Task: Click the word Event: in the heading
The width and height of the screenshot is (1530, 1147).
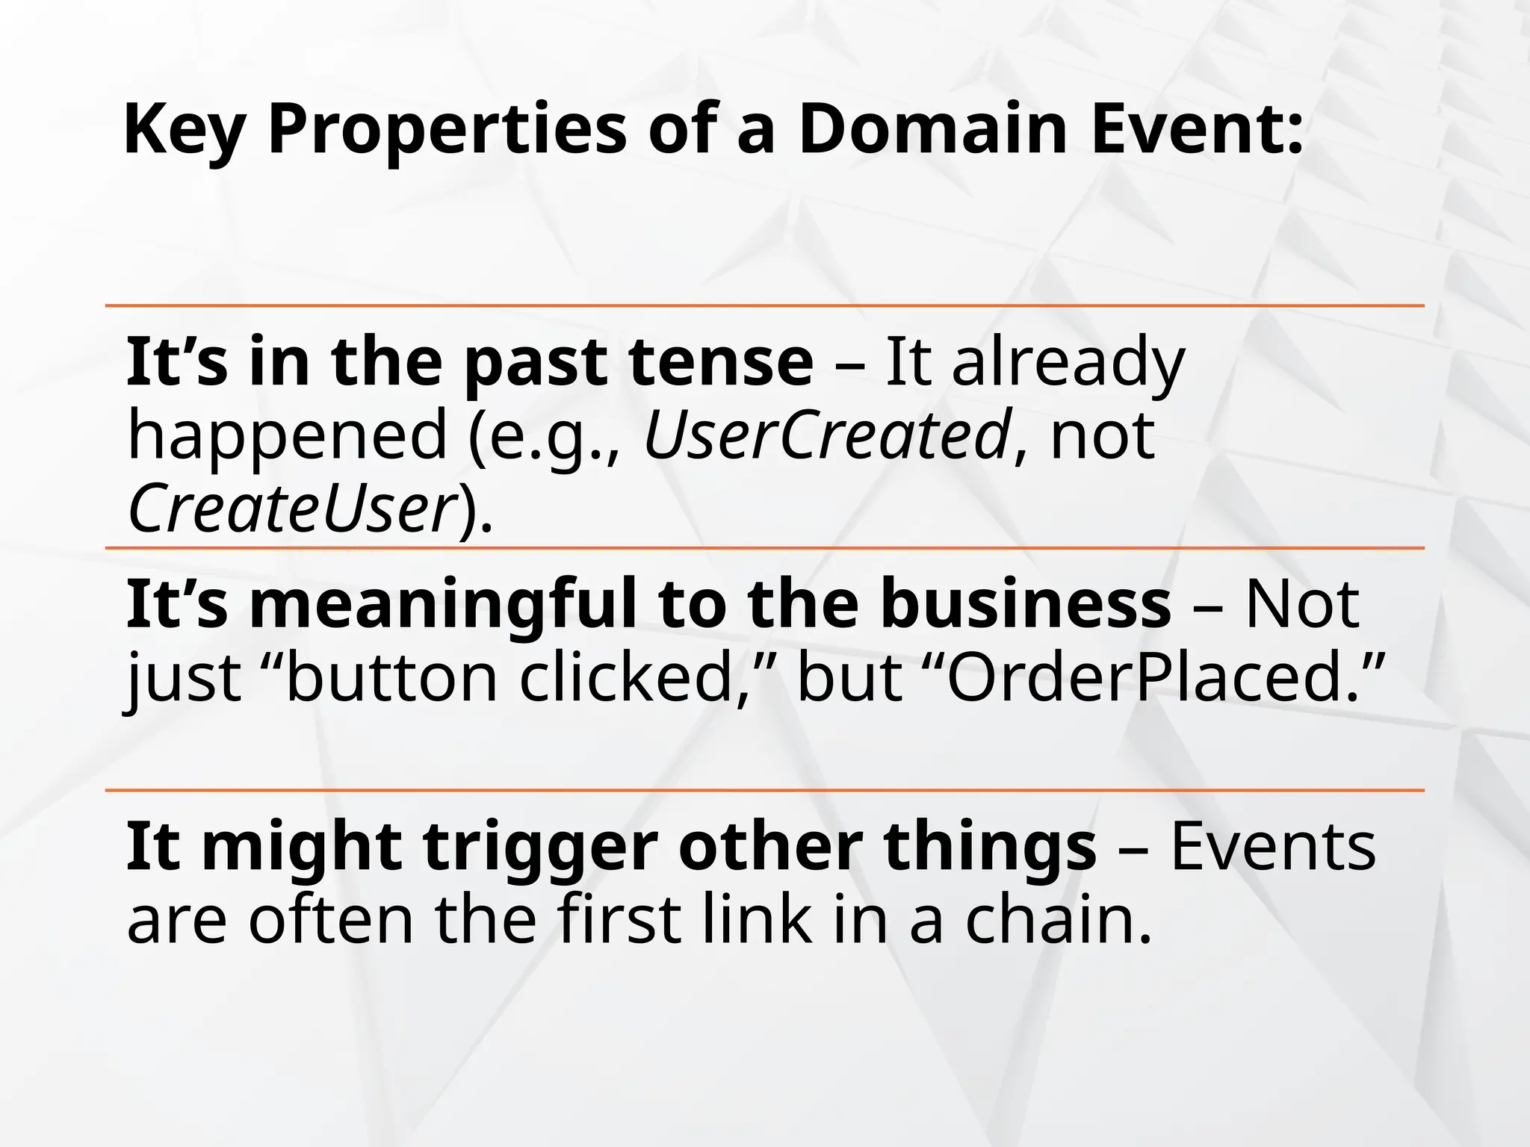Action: coord(1198,129)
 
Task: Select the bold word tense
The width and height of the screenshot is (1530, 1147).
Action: coord(720,362)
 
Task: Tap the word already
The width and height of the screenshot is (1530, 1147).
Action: coord(1068,364)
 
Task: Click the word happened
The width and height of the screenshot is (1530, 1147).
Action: coord(287,437)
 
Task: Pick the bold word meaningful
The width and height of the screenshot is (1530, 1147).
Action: coord(443,605)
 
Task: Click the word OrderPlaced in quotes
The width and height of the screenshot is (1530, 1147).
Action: coord(1143,678)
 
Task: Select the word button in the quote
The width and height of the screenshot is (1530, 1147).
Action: coord(391,678)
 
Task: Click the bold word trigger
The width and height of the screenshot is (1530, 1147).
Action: coord(540,848)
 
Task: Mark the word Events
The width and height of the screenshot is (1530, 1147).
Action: coord(1272,847)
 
